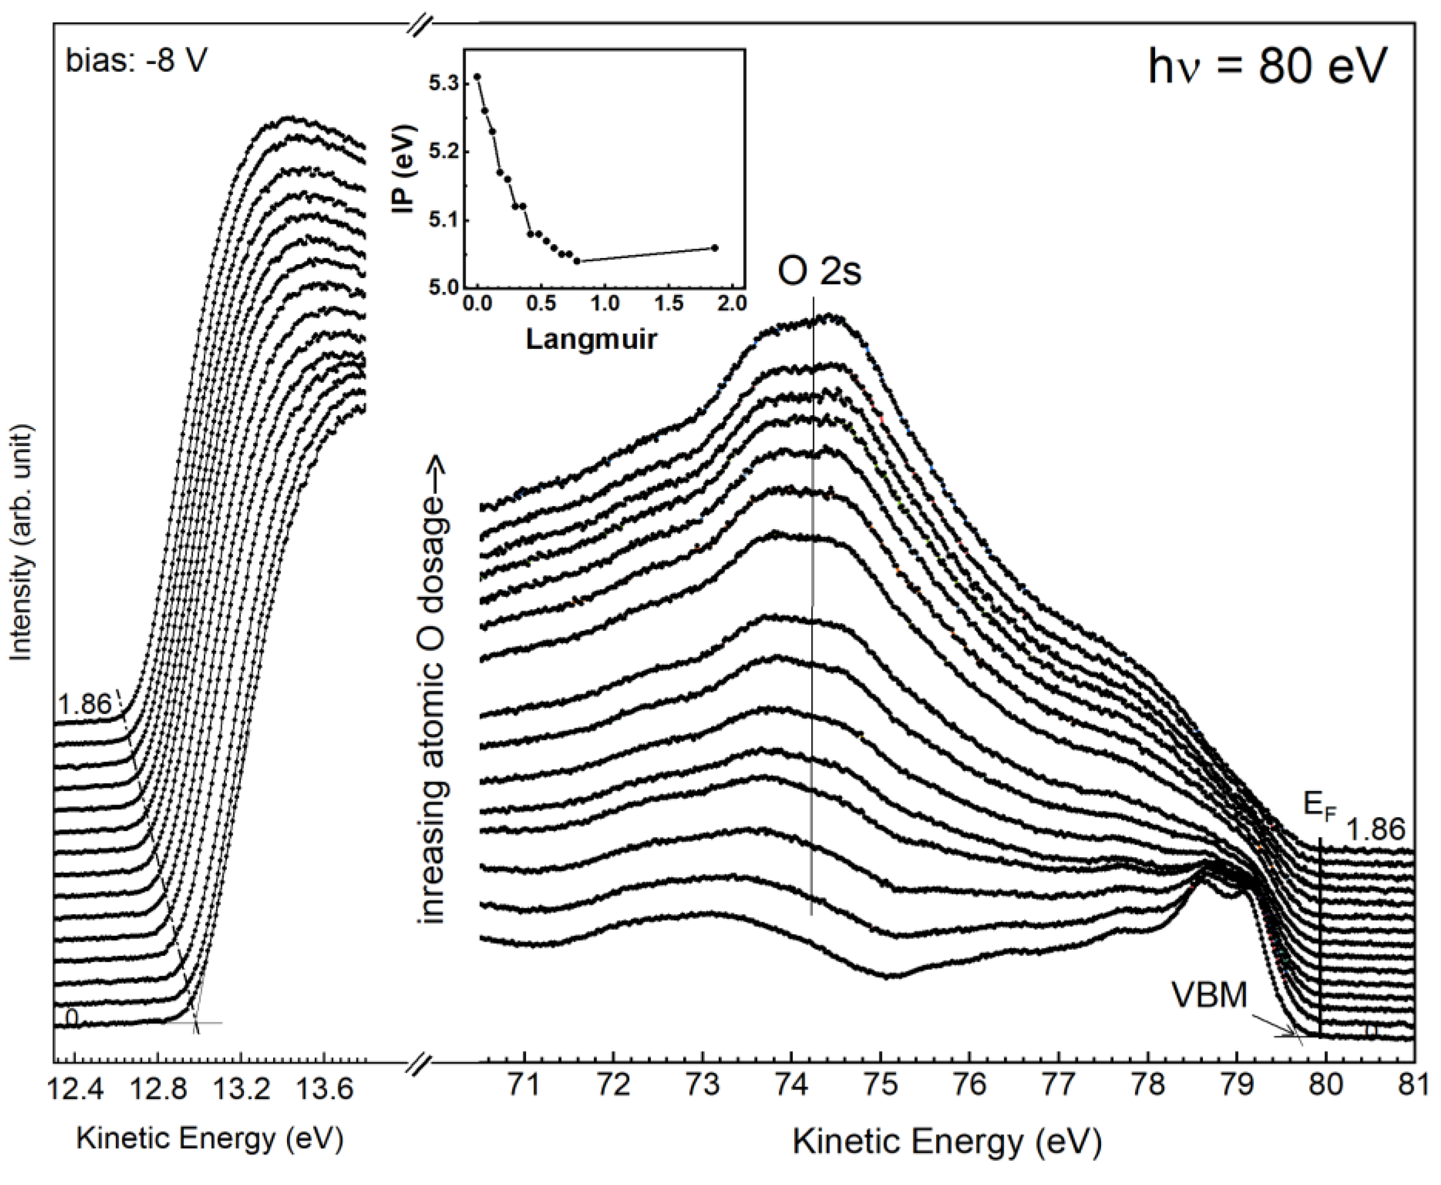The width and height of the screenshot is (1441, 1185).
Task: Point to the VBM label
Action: (x=1209, y=996)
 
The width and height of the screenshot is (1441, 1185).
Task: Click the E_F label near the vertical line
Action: (x=1319, y=807)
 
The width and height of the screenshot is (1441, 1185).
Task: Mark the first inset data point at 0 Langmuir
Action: (x=477, y=76)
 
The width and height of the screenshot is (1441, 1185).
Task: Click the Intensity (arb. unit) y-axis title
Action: (x=22, y=542)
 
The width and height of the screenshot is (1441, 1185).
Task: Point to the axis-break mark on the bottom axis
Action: (x=420, y=1063)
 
